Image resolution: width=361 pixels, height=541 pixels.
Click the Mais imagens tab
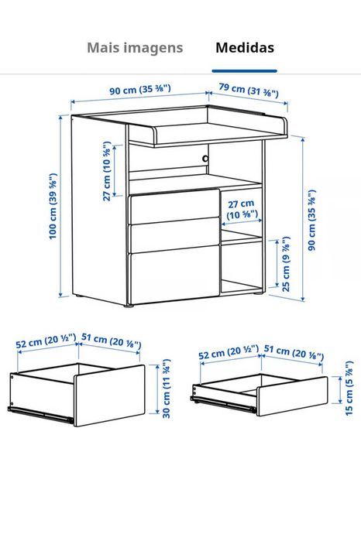tap(135, 48)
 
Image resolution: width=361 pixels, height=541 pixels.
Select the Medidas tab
tap(244, 48)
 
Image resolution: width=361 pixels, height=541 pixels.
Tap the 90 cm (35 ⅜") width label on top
tap(139, 91)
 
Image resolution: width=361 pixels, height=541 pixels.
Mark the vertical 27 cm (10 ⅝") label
tap(108, 172)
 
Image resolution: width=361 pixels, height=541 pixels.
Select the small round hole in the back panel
tap(206, 159)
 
